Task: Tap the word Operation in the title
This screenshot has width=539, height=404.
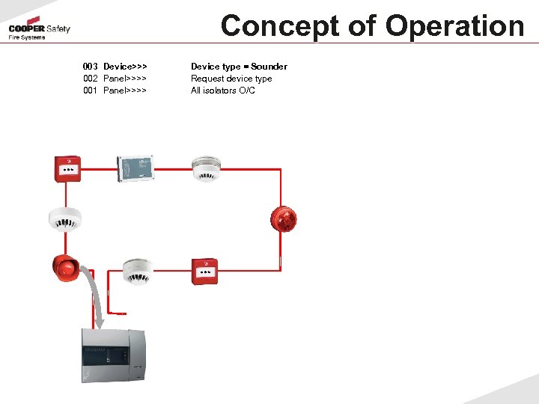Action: (x=455, y=26)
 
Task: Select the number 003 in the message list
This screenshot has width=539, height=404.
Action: (x=91, y=67)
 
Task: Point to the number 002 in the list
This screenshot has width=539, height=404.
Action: (x=91, y=79)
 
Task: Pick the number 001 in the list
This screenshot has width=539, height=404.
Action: (x=91, y=91)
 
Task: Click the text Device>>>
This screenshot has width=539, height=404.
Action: (x=125, y=67)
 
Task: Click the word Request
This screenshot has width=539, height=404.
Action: (x=207, y=79)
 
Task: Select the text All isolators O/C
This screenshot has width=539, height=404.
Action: (x=222, y=91)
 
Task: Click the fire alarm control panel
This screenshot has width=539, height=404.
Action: (x=113, y=355)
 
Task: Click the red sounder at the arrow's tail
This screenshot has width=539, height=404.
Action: (x=66, y=268)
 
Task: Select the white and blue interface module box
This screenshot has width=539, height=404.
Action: (x=135, y=168)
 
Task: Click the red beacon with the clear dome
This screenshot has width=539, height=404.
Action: (x=284, y=218)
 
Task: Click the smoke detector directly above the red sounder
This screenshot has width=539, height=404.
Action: (x=64, y=218)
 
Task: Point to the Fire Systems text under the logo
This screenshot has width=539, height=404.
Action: (x=27, y=37)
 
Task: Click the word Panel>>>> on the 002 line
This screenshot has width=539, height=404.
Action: (x=125, y=79)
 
